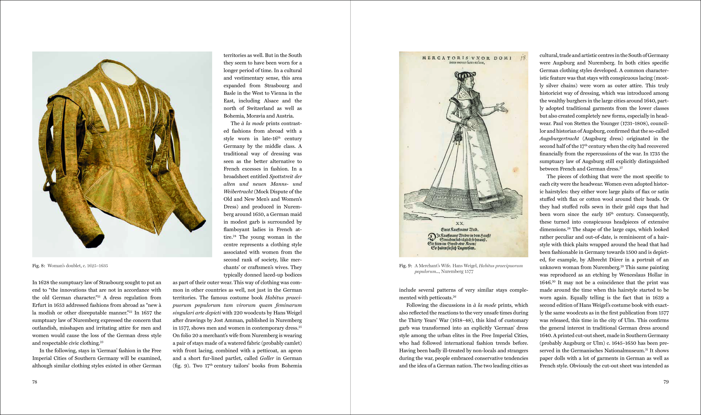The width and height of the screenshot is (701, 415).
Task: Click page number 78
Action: (35, 382)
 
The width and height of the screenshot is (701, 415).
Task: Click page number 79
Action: (666, 382)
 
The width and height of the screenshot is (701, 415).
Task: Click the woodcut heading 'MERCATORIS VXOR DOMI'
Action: (466, 58)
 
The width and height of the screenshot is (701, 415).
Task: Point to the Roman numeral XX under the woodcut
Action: (459, 223)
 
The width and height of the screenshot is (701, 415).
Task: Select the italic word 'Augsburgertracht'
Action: (559, 138)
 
